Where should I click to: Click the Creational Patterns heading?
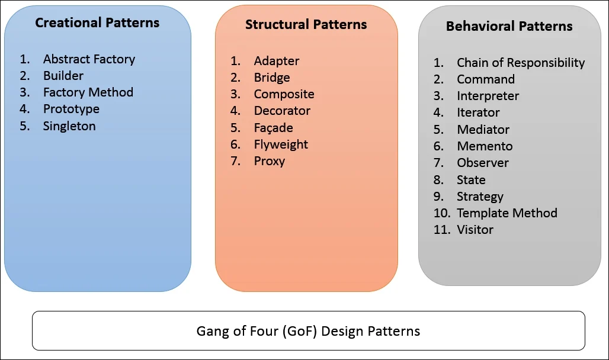(x=97, y=23)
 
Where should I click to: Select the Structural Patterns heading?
(x=306, y=25)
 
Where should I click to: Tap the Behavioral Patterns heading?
(x=509, y=27)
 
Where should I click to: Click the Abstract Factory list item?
(x=89, y=59)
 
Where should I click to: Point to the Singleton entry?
(x=69, y=126)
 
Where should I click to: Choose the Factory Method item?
(x=88, y=92)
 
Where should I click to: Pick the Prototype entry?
(x=71, y=109)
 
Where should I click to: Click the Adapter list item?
(x=277, y=61)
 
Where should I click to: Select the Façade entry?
(x=273, y=128)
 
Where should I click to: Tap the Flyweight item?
(x=281, y=144)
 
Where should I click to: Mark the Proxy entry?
(x=270, y=161)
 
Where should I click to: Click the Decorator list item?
(x=282, y=111)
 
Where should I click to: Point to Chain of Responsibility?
(x=520, y=63)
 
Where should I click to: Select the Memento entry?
(x=485, y=146)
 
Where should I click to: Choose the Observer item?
(x=483, y=163)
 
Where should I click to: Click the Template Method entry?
(x=507, y=213)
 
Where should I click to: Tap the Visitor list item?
(x=475, y=230)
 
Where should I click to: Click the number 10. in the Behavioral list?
(x=442, y=213)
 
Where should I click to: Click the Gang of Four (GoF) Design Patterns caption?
(x=308, y=331)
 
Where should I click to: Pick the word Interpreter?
(x=488, y=96)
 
